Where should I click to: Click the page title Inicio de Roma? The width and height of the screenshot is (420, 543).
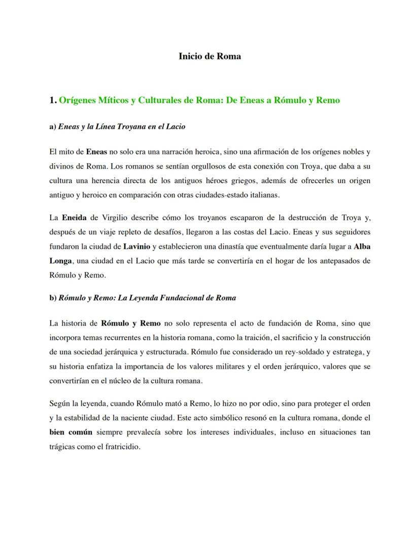click(209, 56)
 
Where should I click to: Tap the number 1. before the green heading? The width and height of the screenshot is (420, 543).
click(53, 100)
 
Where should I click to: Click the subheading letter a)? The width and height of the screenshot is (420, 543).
click(53, 126)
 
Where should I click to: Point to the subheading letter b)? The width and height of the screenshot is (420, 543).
click(53, 298)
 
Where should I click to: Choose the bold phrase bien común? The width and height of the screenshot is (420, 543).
click(71, 432)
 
